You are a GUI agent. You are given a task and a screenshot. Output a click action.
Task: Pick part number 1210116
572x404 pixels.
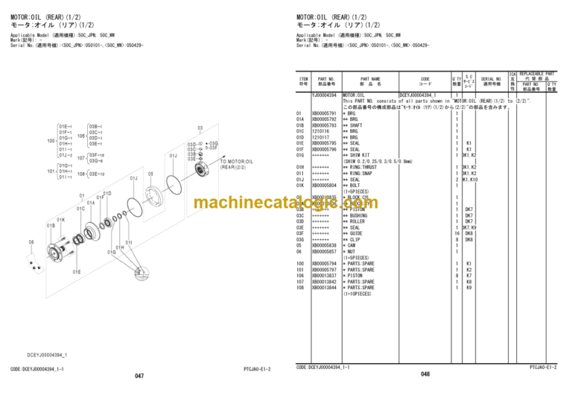click(x=320, y=131)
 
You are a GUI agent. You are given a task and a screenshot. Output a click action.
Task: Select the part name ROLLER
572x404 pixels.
click(x=357, y=221)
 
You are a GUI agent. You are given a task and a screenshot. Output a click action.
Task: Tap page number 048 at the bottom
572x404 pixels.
click(x=425, y=375)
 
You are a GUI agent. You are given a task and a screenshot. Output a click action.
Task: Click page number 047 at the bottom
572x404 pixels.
click(x=139, y=376)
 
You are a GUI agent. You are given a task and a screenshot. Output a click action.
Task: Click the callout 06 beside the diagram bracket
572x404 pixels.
click(x=31, y=242)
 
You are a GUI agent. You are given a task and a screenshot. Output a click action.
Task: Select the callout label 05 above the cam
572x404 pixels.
click(x=150, y=174)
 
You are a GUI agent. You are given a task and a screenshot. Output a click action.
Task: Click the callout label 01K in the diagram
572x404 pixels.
click(x=60, y=220)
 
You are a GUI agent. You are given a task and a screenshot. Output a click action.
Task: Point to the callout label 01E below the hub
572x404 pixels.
click(x=77, y=272)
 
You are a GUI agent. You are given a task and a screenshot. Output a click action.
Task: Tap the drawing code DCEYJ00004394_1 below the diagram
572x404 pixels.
click(x=47, y=354)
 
